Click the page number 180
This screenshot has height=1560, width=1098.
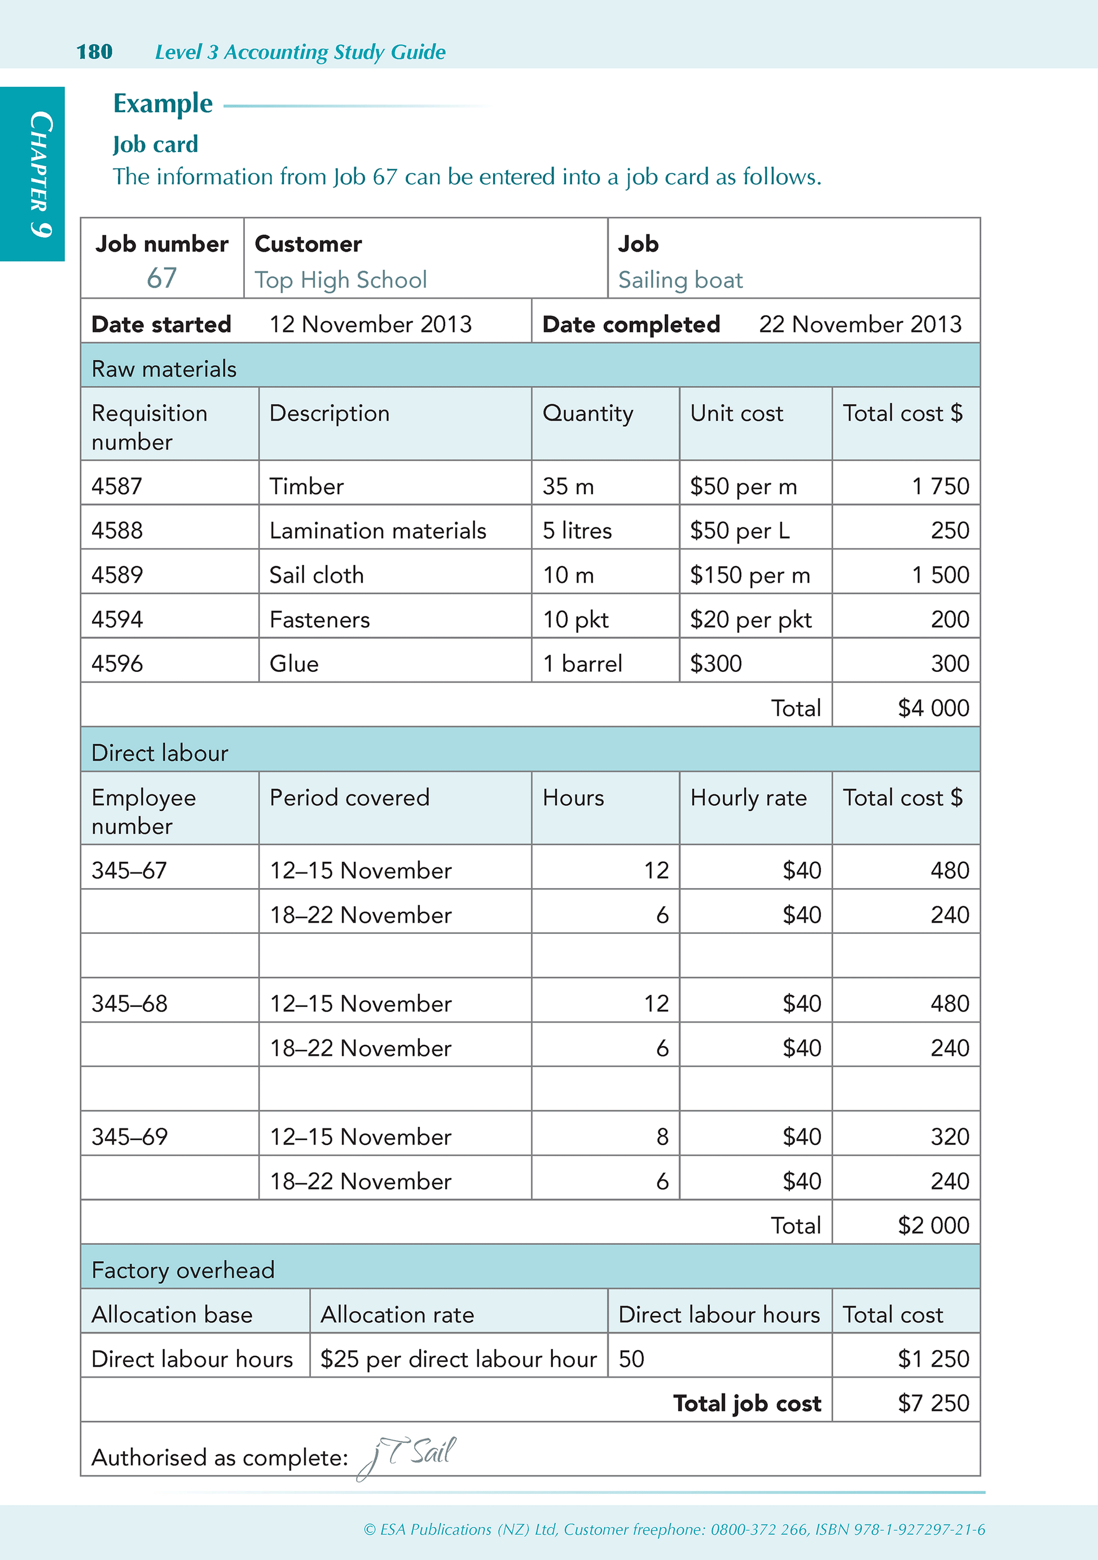tap(94, 51)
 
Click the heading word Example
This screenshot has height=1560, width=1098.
tap(163, 103)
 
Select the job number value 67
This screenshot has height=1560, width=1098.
tap(161, 278)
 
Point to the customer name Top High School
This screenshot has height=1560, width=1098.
tap(341, 280)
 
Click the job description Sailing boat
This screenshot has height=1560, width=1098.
tap(680, 280)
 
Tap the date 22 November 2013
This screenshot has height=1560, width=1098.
tap(860, 324)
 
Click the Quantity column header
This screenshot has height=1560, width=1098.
tap(587, 413)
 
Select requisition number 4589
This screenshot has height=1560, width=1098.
tap(117, 575)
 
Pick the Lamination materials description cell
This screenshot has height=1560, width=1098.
tap(377, 531)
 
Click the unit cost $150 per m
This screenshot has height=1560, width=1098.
tap(750, 575)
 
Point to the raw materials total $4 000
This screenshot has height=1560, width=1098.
tap(933, 708)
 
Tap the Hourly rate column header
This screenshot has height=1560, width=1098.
tap(748, 798)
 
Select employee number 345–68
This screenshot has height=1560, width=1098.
tap(130, 1003)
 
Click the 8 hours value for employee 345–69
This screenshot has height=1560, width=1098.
tap(662, 1137)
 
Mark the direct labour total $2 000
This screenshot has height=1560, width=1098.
tap(933, 1225)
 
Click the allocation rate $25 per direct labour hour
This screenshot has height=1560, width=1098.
tap(458, 1359)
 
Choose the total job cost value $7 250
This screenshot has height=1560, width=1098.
tap(933, 1403)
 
